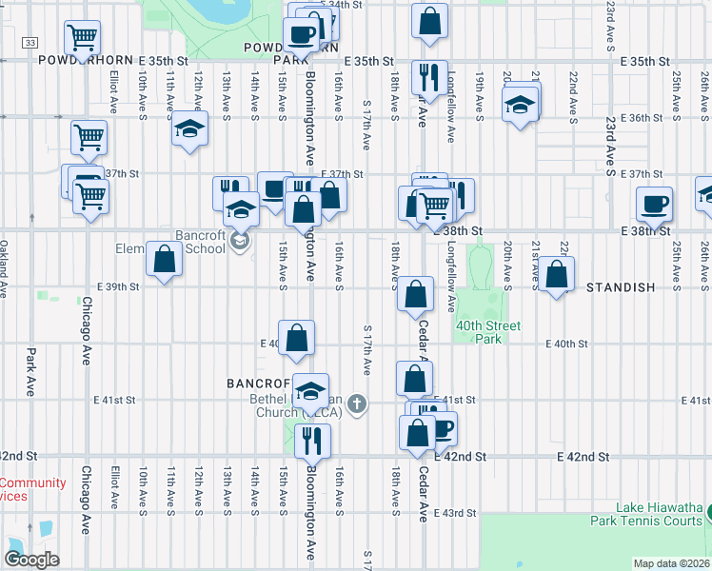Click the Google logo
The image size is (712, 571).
[x=32, y=559]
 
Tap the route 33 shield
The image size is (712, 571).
[x=30, y=44]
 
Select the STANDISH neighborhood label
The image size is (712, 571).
[x=622, y=287]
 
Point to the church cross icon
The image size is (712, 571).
[x=357, y=404]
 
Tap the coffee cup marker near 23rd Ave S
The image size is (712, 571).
[x=654, y=203]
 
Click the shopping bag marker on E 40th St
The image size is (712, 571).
[x=297, y=338]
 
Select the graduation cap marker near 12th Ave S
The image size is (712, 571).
[x=189, y=128]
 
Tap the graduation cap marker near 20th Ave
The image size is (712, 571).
[x=520, y=105]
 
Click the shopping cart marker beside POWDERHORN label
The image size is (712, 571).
[x=82, y=38]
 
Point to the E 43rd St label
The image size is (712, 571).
[x=454, y=514]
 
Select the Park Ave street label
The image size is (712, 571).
[x=30, y=372]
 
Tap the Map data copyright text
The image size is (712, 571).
[x=671, y=563]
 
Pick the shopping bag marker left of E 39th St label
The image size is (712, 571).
[x=164, y=259]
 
